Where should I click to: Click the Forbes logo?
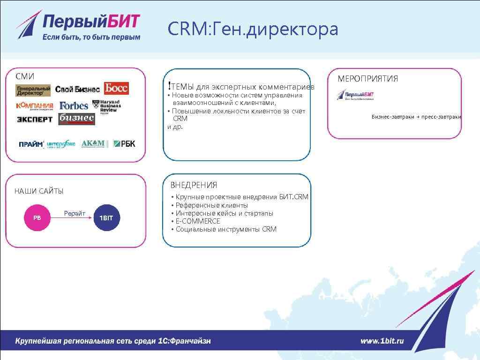click(74, 105)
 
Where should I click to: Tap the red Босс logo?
click(116, 88)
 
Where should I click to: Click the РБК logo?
click(124, 144)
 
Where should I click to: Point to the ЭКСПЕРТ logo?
click(35, 119)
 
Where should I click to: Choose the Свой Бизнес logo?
click(77, 89)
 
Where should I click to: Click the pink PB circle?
click(37, 218)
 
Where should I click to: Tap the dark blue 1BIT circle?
click(106, 218)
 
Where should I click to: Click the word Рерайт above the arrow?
click(75, 214)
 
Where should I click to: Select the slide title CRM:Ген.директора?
click(253, 29)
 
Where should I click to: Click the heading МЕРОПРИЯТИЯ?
click(367, 79)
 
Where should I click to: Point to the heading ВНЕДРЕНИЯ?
click(194, 185)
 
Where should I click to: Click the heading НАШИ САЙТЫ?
click(39, 191)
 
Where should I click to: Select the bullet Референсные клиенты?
click(211, 205)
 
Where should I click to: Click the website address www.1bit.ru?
click(382, 341)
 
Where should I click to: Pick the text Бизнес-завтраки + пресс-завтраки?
click(416, 117)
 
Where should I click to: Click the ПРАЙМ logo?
click(31, 144)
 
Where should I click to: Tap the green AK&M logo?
click(93, 143)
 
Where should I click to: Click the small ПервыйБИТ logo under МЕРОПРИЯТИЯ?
click(356, 95)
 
